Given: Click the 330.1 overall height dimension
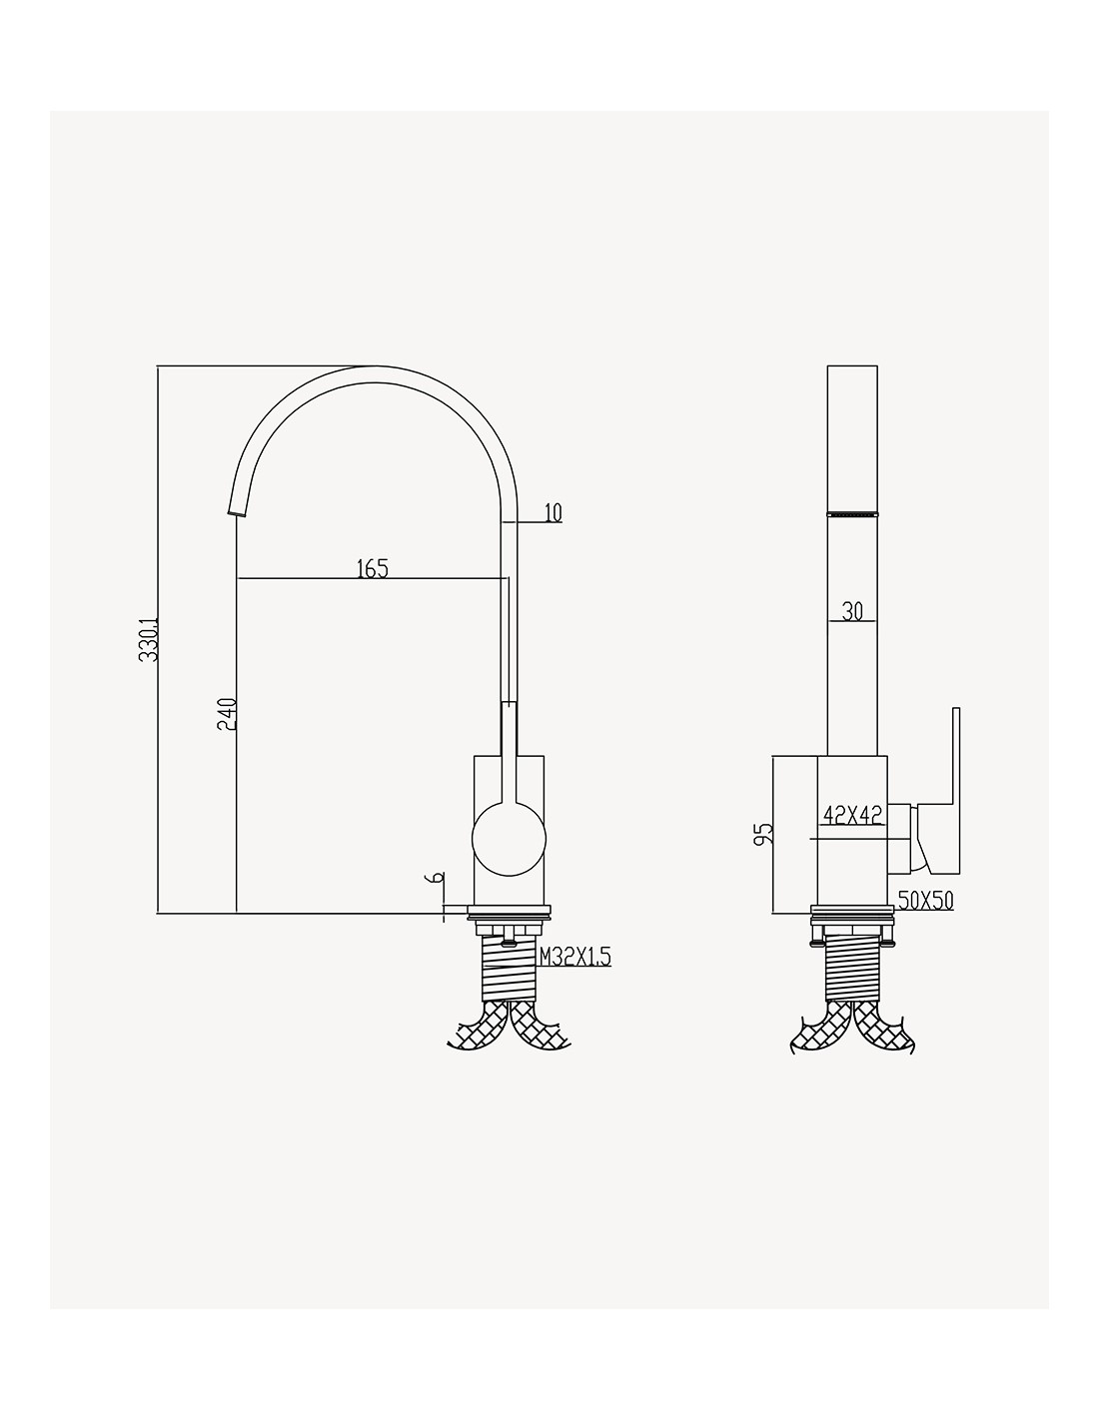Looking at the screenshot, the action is click(x=149, y=640).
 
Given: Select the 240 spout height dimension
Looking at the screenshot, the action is click(x=227, y=714).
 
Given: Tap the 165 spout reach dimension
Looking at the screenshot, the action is click(x=372, y=568).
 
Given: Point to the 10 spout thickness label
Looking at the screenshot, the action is click(x=552, y=513).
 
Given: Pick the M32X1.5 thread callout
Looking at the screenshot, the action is click(x=574, y=958).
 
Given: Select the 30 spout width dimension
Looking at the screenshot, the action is click(x=852, y=611).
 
